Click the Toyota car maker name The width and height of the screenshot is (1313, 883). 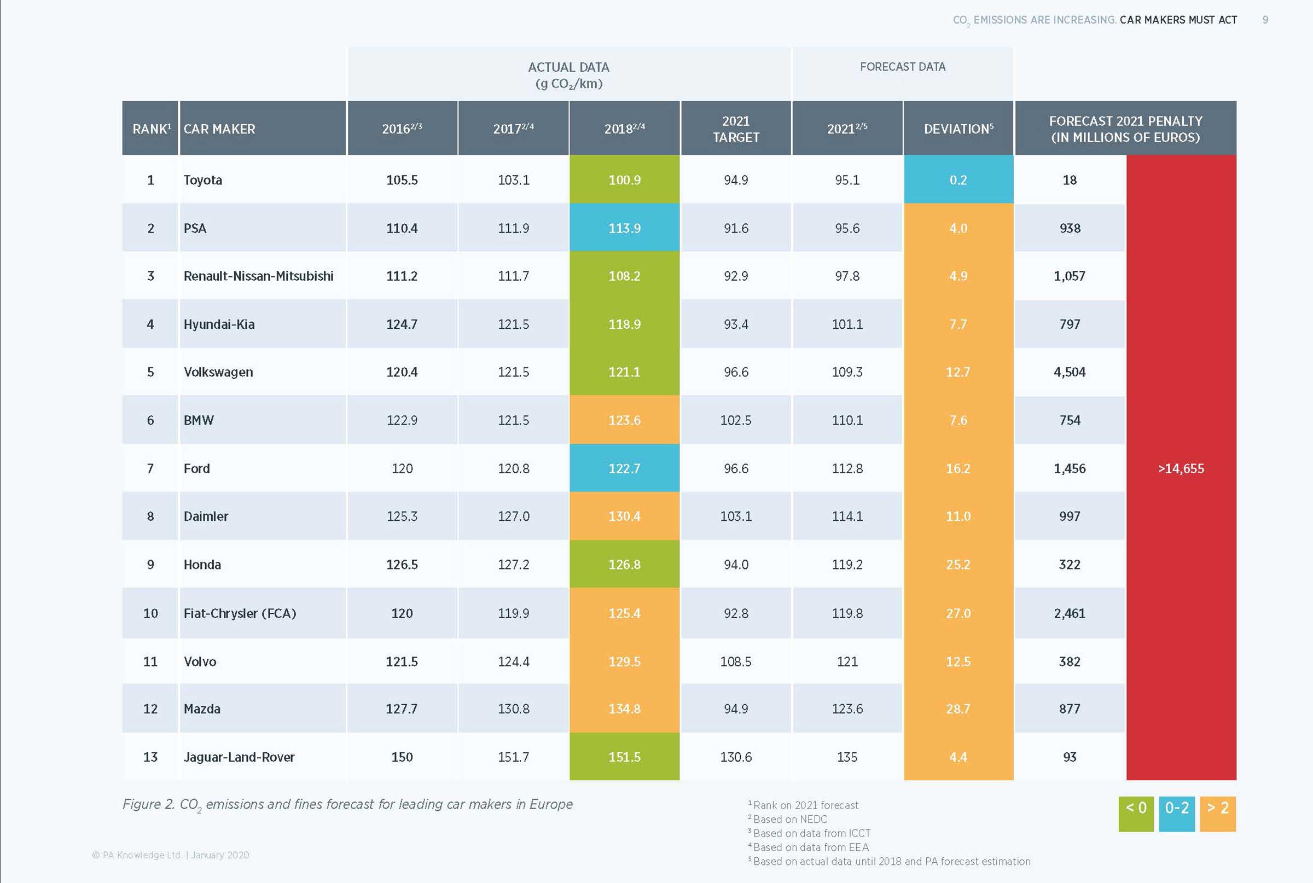pos(202,180)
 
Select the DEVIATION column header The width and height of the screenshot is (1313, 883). pos(958,129)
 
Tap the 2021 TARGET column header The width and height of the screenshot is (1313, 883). pos(736,129)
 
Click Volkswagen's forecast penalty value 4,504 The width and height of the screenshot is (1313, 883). pos(1069,372)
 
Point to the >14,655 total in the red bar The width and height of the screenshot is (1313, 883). pos(1181,468)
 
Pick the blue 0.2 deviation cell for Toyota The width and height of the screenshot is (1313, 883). pos(958,180)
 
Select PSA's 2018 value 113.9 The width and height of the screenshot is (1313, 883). pos(624,228)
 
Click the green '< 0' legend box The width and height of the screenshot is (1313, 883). pos(1136,813)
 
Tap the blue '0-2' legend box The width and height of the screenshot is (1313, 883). pos(1177,813)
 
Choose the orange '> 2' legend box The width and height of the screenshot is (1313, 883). pos(1218,813)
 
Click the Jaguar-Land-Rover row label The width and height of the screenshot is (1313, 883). pos(239,757)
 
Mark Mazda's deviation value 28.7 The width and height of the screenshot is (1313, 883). pos(958,709)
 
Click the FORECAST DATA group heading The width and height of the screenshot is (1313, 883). pos(903,67)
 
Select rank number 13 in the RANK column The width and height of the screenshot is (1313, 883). pos(150,757)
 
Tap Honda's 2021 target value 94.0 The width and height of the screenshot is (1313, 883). pos(736,565)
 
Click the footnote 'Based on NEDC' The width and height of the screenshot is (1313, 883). pos(790,820)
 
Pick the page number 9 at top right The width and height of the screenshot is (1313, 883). pos(1265,20)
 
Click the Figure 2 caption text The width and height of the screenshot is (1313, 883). pos(347,805)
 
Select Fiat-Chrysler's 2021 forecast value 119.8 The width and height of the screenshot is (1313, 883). pos(847,613)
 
